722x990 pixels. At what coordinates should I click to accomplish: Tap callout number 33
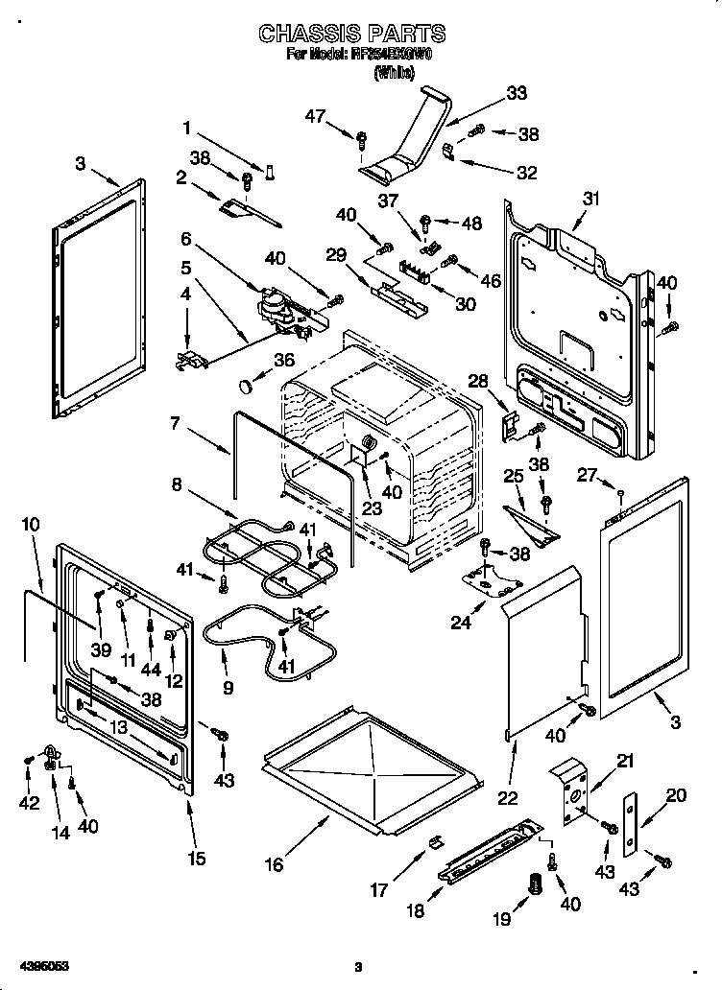[517, 93]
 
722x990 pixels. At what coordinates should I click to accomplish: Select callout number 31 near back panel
[590, 199]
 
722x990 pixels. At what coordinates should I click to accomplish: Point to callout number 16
[275, 864]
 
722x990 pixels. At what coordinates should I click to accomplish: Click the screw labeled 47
[362, 140]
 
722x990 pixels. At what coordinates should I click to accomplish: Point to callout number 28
[478, 381]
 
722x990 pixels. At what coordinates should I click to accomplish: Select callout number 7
[175, 422]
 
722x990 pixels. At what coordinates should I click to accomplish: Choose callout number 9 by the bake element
[227, 687]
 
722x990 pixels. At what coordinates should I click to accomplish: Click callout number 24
[461, 623]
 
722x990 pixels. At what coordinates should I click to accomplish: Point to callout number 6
[185, 238]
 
